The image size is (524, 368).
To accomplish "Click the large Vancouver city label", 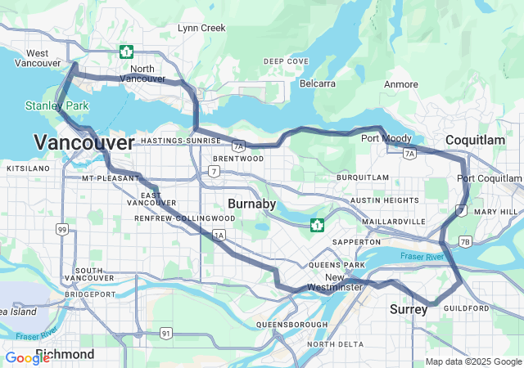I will click(84, 143).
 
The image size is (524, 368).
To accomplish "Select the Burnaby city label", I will click(251, 203).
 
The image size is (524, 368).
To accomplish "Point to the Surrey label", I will click(409, 309).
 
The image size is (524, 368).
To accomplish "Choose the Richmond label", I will click(65, 354).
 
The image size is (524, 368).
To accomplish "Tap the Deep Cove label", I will click(286, 61).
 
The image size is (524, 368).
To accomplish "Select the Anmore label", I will click(401, 83).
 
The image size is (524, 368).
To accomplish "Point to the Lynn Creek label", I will click(201, 28).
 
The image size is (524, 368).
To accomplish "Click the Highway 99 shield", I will click(62, 231).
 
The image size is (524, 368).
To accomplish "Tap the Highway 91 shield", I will click(166, 332).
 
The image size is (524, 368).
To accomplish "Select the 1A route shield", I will click(219, 236).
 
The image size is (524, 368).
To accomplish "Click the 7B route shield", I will click(465, 241).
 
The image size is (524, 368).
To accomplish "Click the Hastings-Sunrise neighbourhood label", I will click(181, 141).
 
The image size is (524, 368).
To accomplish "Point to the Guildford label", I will click(466, 307).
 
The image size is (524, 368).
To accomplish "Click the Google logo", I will click(27, 357).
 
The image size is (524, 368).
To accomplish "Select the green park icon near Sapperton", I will click(317, 224).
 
